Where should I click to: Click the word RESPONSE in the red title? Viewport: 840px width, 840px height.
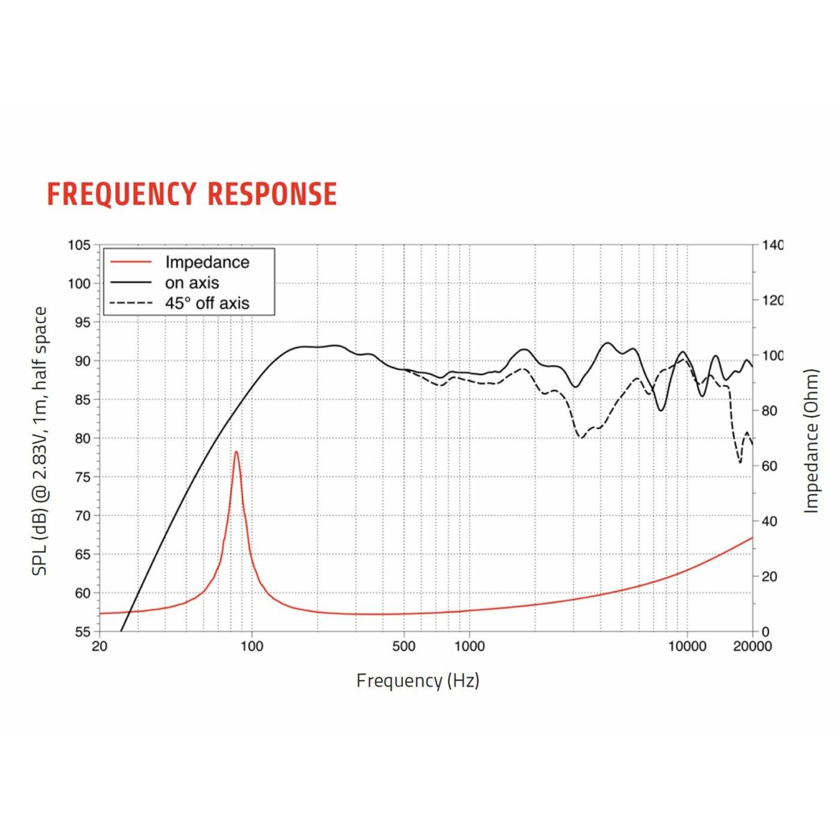(272, 194)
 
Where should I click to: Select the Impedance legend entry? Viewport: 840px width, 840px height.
(207, 262)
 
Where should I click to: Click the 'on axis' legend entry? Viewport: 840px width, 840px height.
(192, 283)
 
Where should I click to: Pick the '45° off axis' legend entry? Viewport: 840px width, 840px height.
(207, 303)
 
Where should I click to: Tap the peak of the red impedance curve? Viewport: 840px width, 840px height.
(236, 452)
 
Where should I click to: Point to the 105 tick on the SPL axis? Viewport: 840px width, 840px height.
(79, 245)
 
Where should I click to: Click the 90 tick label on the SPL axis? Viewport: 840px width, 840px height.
(82, 361)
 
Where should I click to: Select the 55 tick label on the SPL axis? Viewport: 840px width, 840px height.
(82, 632)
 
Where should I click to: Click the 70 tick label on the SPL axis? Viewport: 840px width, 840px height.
(82, 515)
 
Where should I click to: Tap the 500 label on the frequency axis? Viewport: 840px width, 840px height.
(403, 646)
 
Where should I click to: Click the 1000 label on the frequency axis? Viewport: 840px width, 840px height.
(469, 646)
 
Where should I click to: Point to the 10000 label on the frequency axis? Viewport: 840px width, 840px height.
(687, 646)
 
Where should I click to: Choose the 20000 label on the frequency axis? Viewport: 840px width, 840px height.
(752, 646)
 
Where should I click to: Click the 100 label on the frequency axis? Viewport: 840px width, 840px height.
(251, 646)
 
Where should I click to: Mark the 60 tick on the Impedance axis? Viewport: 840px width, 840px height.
(769, 466)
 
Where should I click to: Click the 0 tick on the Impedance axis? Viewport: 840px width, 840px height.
(765, 632)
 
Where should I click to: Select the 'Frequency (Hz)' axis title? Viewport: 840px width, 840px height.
(418, 680)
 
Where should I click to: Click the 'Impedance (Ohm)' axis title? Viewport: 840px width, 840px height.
(811, 441)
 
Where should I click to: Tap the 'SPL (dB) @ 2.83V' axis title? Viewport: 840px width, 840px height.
(40, 441)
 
